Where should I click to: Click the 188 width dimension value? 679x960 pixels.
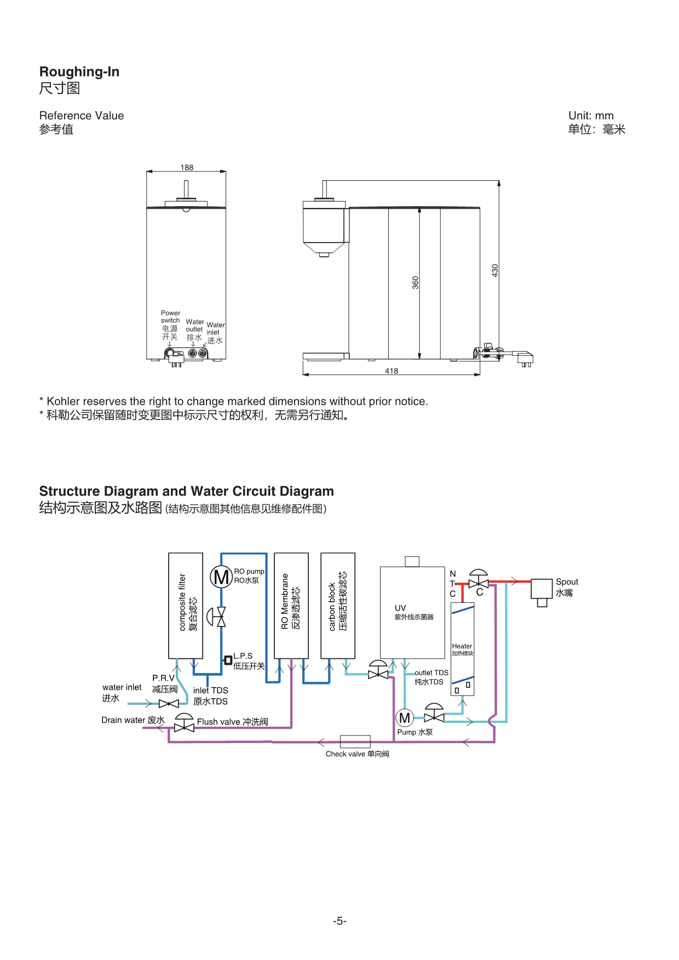coord(187,168)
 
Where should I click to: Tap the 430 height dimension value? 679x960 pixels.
coord(495,271)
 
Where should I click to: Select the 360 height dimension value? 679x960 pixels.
coord(416,283)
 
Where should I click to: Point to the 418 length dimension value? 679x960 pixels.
coord(392,371)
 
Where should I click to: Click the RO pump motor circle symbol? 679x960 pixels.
coord(221,577)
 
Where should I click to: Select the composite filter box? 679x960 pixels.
coord(186,605)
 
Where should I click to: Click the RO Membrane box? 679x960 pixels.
coord(291,605)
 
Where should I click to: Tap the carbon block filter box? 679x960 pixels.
coord(338,605)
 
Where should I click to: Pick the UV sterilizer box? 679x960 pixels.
coord(412,612)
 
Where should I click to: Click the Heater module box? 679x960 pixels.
coord(462,649)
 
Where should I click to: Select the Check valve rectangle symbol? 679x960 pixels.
coord(355,741)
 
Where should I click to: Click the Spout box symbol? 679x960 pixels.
coord(542,589)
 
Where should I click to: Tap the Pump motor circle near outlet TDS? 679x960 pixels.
coord(405,717)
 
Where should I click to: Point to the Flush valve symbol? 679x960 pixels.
coord(184,726)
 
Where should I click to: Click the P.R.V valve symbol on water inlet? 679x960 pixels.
coord(169,704)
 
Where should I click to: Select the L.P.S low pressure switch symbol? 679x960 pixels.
coord(228,660)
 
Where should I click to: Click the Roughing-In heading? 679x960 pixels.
coord(79,72)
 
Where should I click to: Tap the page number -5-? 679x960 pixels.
coord(339,921)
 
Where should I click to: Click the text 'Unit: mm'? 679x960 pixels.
coord(591,116)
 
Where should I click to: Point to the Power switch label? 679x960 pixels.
coord(170,317)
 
